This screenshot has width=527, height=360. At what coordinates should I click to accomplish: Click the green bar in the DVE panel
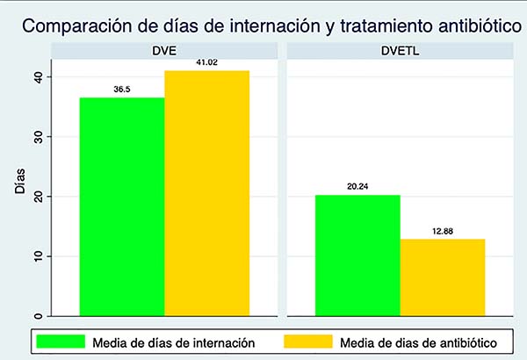click(122, 205)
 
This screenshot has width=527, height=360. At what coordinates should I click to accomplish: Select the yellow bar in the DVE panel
click(206, 192)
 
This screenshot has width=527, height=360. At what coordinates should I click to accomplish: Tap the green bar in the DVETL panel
click(357, 255)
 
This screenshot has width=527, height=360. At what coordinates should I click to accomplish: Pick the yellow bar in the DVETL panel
click(442, 277)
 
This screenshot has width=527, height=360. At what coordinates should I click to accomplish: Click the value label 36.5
click(122, 90)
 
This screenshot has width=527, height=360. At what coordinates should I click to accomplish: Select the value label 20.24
click(357, 186)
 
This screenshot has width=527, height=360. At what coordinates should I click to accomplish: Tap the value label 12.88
click(442, 230)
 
